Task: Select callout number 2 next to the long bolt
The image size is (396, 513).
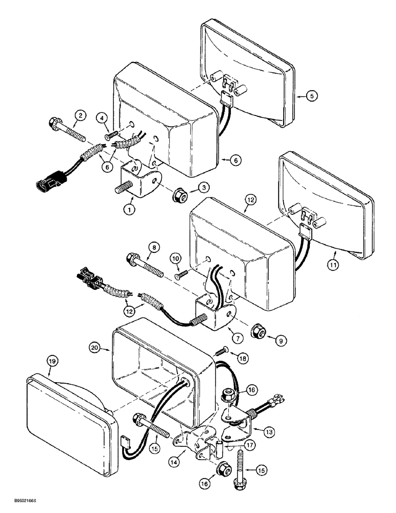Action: pos(80,116)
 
